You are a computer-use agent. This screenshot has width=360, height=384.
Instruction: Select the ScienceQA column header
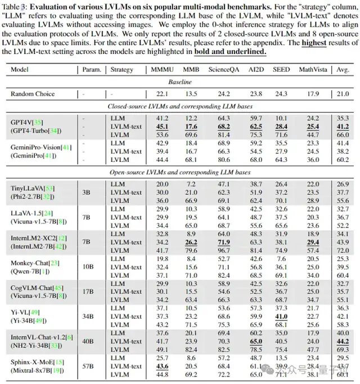223,70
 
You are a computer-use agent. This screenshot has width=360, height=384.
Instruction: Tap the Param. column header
91,70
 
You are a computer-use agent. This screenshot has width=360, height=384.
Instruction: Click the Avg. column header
342,70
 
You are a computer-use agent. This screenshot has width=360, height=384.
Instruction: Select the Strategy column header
122,70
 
